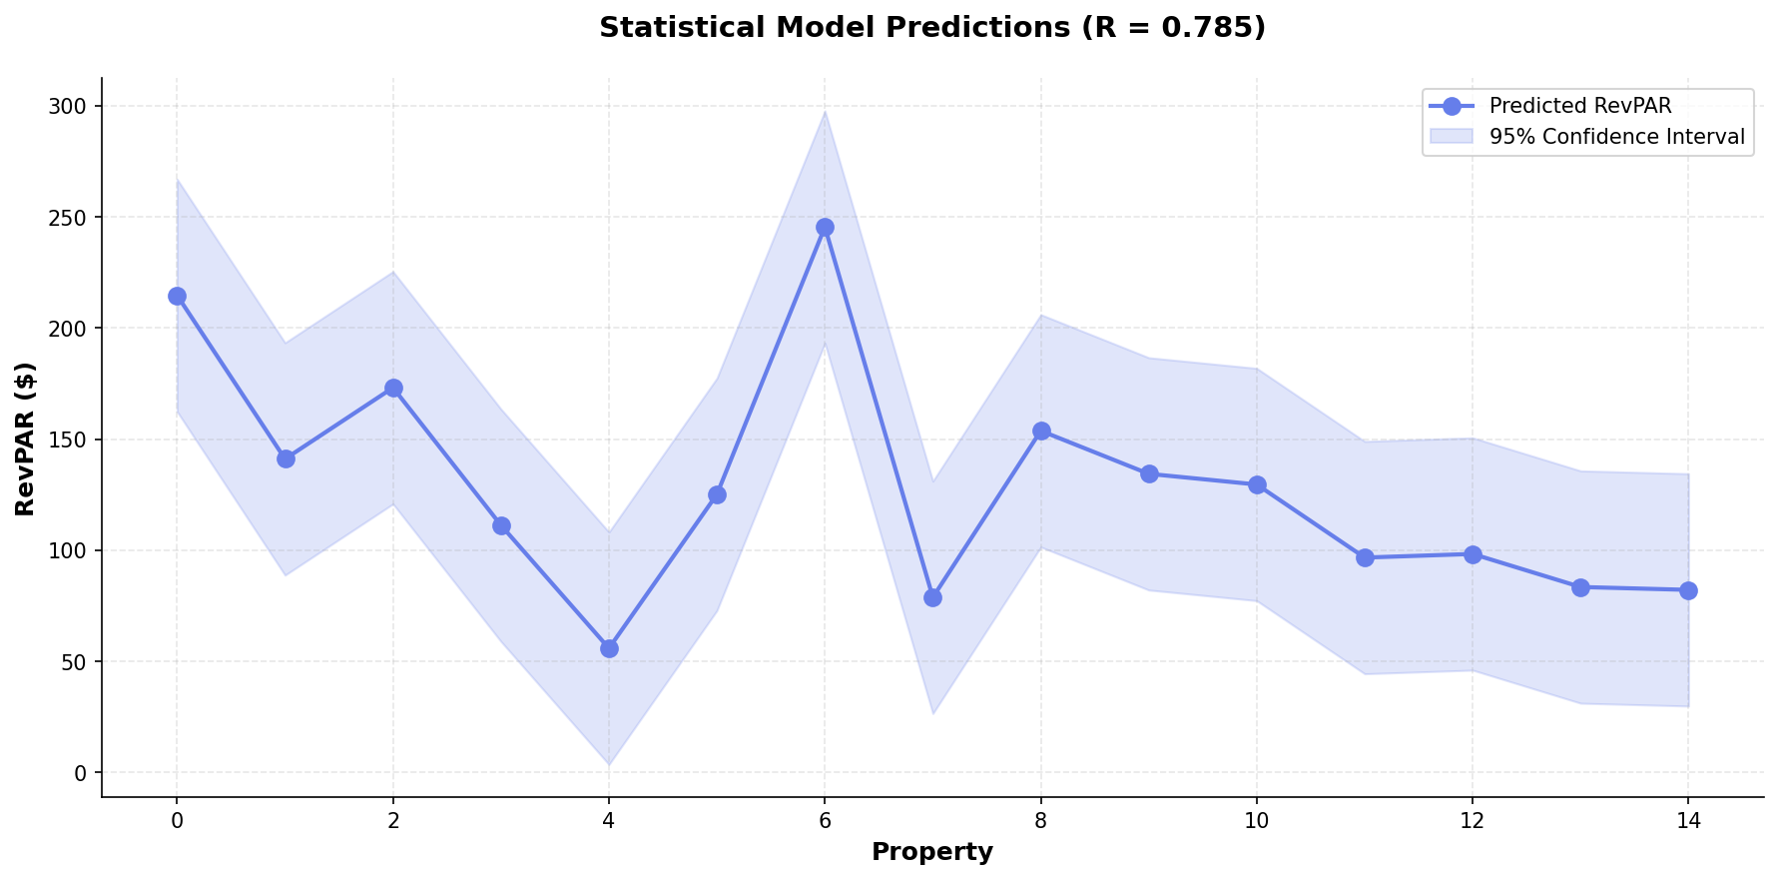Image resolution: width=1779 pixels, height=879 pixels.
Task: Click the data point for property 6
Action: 825,228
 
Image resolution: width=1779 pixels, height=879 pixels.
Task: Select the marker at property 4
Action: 609,648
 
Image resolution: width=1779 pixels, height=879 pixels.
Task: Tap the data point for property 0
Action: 177,296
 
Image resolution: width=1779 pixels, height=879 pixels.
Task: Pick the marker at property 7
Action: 932,597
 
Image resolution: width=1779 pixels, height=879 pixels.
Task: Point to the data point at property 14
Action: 1688,590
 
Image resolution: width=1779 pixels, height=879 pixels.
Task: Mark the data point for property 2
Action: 393,388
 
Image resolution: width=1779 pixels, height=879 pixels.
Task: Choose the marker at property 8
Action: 1041,431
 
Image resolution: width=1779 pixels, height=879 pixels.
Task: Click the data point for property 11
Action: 1365,557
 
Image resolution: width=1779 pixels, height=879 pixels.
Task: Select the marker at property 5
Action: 717,494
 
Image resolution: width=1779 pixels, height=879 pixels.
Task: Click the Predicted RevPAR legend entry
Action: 1579,106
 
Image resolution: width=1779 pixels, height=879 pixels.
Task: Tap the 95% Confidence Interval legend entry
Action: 1616,137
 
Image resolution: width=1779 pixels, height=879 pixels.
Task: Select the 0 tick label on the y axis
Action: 82,773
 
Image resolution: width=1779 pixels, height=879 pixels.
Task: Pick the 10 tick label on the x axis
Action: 1256,821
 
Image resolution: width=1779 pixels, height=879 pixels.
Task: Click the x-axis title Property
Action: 932,852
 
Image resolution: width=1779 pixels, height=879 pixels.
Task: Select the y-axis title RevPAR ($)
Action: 26,439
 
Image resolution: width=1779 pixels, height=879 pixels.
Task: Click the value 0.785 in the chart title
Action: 1215,28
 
